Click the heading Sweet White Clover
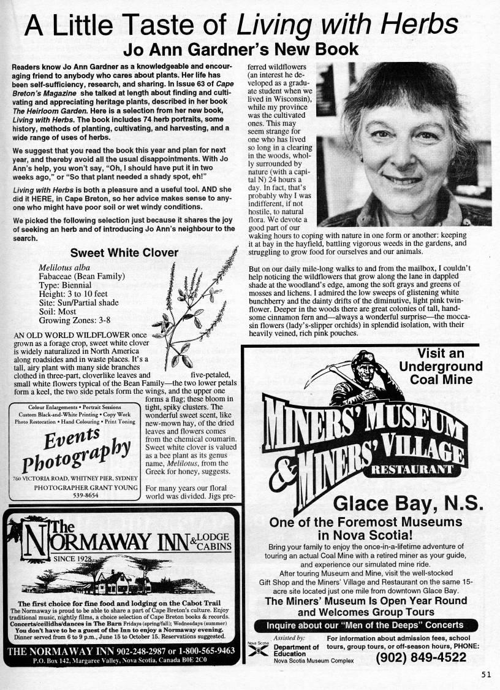[124, 253]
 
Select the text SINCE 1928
[81, 559]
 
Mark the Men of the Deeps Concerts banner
[365, 626]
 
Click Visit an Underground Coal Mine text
[441, 366]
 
